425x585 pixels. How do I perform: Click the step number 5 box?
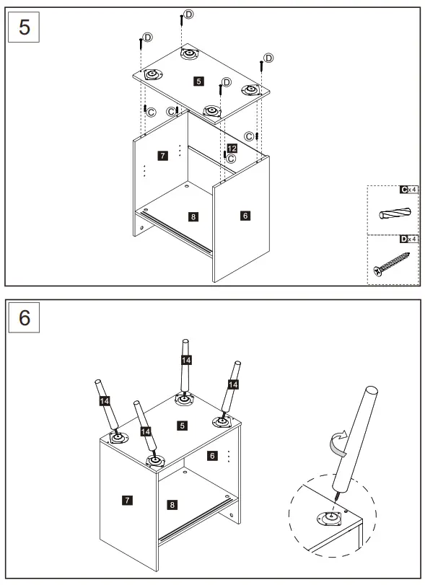pos(24,27)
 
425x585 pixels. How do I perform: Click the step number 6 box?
pos(24,317)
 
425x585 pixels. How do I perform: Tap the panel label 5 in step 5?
pos(198,81)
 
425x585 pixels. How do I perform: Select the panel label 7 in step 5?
pos(162,155)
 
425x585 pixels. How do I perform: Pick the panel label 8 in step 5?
pos(193,216)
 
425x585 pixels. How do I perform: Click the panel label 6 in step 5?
pos(245,215)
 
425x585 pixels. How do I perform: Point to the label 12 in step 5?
pos(232,149)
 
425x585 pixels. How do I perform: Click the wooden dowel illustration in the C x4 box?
pos(395,214)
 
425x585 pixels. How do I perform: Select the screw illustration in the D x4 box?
pos(391,264)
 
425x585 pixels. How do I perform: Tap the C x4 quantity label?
pos(408,190)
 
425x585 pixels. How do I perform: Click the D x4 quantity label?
pos(408,239)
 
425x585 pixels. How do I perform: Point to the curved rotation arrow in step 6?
pos(338,443)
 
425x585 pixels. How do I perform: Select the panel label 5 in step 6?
pos(182,426)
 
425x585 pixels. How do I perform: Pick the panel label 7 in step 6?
pos(127,500)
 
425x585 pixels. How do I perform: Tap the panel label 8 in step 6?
pos(172,505)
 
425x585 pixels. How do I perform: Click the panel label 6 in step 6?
pos(212,456)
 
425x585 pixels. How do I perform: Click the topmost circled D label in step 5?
pos(189,14)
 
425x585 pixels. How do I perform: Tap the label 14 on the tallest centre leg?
pos(186,360)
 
